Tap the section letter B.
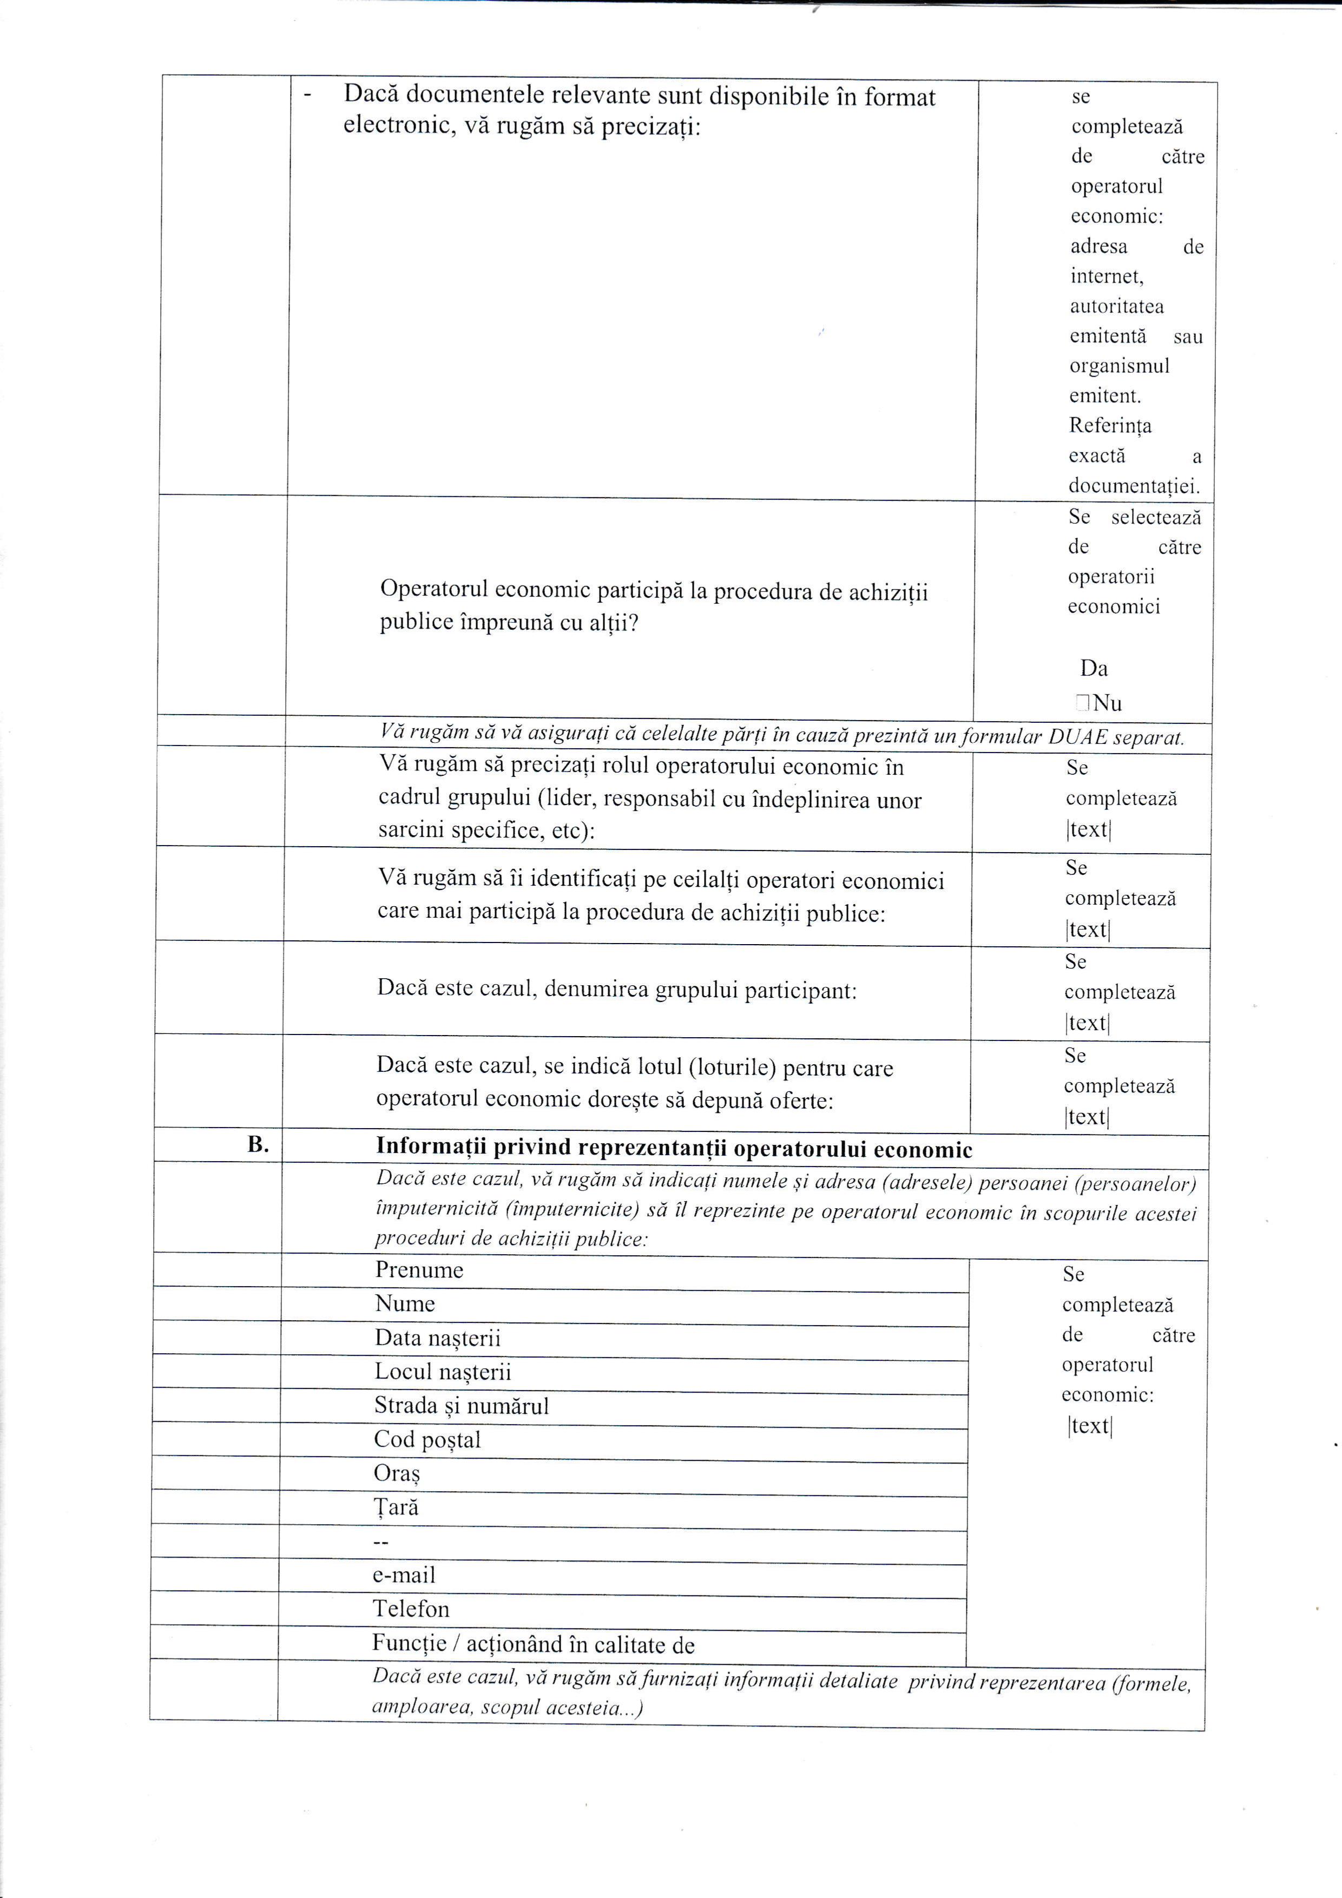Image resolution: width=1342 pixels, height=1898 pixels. pyautogui.click(x=259, y=1145)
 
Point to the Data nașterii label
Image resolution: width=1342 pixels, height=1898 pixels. pyautogui.click(x=437, y=1337)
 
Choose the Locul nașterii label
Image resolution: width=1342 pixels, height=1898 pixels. pyautogui.click(x=442, y=1372)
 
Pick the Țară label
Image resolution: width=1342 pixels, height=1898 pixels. pyautogui.click(x=396, y=1507)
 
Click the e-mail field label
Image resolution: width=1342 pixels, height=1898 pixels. pyautogui.click(x=404, y=1575)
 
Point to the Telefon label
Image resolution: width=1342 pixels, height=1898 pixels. pyautogui.click(x=411, y=1609)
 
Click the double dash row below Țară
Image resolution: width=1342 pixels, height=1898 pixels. pyautogui.click(x=381, y=1541)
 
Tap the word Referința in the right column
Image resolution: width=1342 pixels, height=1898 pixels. pyautogui.click(x=1110, y=426)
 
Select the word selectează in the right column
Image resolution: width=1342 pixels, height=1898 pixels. pyautogui.click(x=1155, y=517)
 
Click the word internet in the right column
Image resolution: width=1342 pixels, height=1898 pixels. pyautogui.click(x=1107, y=276)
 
